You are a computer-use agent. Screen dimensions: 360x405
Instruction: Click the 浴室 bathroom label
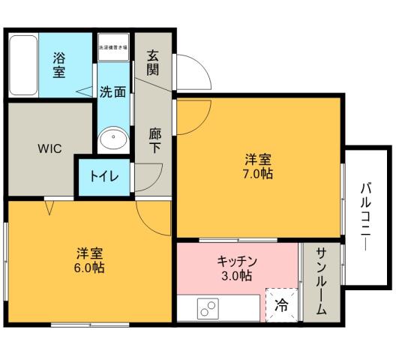pos(58,64)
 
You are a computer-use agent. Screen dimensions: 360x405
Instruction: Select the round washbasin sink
pos(113,138)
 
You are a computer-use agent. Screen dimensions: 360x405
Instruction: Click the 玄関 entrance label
pos(154,63)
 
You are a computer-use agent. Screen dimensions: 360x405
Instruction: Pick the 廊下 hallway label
pos(154,141)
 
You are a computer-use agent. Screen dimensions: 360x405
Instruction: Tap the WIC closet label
pos(49,148)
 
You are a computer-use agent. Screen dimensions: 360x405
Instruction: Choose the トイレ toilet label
pos(104,178)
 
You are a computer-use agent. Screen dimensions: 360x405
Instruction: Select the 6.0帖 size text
pos(89,268)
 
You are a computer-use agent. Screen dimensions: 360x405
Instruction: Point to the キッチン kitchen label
pos(238,261)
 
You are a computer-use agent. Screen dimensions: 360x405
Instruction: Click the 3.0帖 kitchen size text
pos(237,275)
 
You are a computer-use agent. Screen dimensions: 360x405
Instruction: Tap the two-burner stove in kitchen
pos(207,307)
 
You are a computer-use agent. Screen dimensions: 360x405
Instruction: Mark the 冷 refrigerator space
pos(280,304)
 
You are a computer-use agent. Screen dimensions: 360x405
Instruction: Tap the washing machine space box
pos(112,46)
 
